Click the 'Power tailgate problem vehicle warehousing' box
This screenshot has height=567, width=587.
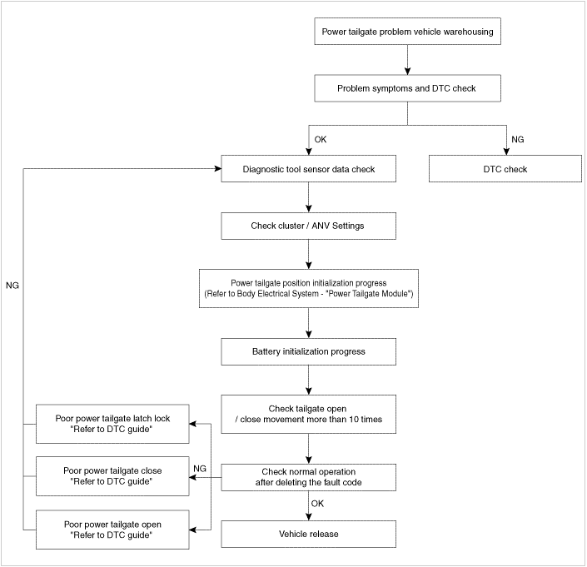point(407,32)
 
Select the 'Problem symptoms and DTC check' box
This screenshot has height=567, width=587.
point(407,88)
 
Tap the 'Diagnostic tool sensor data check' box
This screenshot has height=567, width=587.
point(308,169)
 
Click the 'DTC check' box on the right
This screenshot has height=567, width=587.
point(505,169)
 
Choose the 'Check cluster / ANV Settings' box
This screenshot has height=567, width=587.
point(308,226)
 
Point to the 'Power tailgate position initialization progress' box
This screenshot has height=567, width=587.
point(308,289)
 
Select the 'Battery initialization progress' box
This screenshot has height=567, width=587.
point(308,352)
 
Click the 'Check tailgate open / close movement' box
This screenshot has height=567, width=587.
point(308,415)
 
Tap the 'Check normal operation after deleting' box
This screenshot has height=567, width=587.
point(308,478)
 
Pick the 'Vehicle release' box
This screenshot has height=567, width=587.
point(308,534)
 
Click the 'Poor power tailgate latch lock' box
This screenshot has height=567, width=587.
point(112,424)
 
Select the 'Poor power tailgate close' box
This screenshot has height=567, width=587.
point(112,476)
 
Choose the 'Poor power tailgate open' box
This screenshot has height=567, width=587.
point(112,530)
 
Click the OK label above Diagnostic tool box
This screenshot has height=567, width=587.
point(321,140)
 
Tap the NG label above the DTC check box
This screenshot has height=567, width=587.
point(518,140)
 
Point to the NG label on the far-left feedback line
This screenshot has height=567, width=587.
point(12,286)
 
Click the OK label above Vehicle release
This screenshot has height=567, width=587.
point(317,504)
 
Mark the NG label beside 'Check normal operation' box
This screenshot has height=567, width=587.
point(200,469)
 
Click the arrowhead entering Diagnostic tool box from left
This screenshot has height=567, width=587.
point(218,169)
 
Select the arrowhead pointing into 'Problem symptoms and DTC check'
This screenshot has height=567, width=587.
point(408,71)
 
